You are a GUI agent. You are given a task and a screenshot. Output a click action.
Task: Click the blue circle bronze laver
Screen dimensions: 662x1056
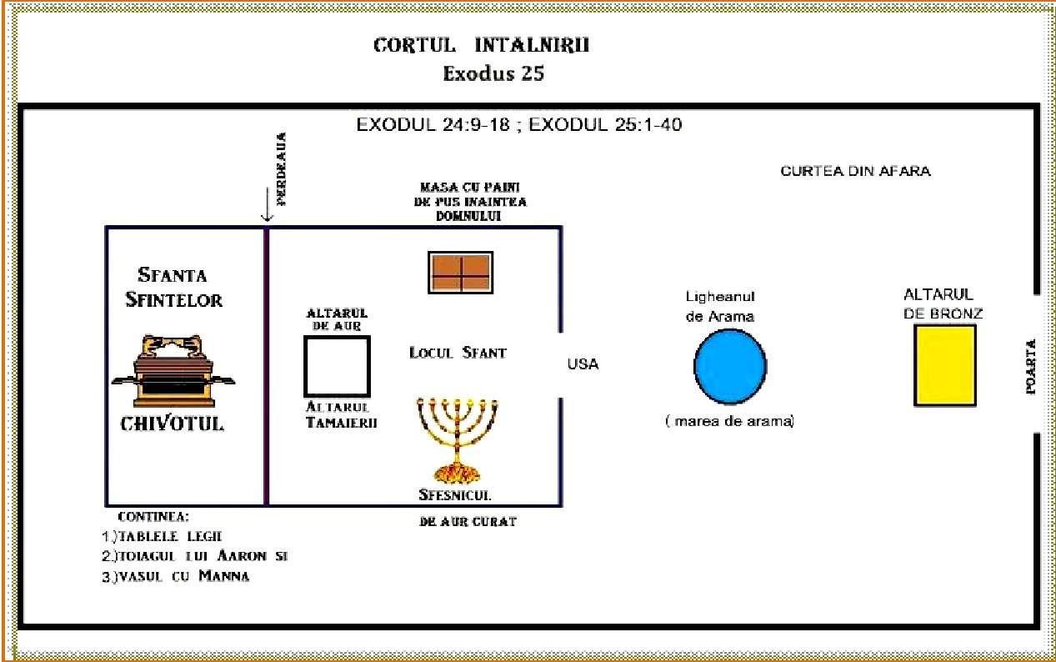(730, 366)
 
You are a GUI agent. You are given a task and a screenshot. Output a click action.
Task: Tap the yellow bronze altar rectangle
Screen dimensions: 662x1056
(944, 365)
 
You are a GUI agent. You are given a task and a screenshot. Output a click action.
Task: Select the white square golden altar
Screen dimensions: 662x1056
(337, 366)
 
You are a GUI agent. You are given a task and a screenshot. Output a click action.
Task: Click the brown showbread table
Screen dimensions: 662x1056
(460, 272)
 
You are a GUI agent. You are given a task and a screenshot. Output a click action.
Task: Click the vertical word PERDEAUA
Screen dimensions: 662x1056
(282, 169)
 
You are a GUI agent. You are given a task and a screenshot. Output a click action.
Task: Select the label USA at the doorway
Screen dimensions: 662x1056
(583, 364)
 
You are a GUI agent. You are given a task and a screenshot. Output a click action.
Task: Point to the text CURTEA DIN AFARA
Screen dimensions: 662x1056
(855, 172)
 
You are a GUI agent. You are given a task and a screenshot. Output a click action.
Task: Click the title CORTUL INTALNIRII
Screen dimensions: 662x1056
(481, 45)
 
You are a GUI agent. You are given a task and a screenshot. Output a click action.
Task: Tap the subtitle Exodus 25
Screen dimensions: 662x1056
(493, 73)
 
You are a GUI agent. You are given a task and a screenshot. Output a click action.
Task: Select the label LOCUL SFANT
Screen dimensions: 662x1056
(458, 353)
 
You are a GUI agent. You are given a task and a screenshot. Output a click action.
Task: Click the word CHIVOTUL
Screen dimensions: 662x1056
(173, 424)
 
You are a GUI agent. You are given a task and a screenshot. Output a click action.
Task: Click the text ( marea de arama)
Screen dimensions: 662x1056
(729, 422)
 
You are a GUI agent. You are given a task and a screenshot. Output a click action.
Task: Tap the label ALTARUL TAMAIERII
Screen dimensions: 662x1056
(342, 414)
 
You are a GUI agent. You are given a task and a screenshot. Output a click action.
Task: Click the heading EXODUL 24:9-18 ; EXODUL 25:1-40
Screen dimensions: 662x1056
(521, 126)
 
